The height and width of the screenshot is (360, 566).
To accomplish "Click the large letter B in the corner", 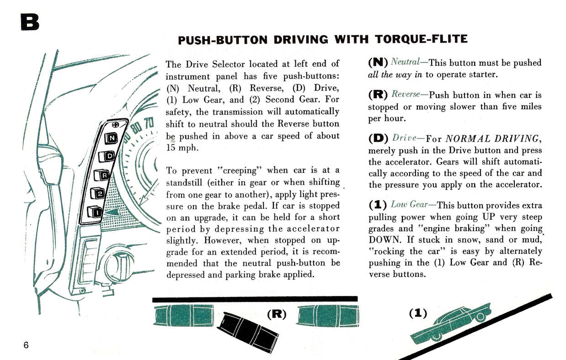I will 29,21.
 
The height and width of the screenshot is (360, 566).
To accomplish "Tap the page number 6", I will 26,345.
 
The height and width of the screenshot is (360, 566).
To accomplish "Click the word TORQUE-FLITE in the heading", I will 421,39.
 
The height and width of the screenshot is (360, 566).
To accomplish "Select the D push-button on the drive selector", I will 109,156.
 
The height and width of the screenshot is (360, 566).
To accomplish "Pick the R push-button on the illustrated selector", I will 103,175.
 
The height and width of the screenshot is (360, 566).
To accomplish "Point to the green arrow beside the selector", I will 113,212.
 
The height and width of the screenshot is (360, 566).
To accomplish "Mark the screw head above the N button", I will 116,125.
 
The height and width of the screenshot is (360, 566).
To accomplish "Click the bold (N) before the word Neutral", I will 378,63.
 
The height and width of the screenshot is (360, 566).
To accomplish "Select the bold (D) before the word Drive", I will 378,138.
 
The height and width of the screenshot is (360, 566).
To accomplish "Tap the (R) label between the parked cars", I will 276,314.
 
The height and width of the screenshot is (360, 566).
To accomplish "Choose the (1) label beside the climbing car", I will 417,313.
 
